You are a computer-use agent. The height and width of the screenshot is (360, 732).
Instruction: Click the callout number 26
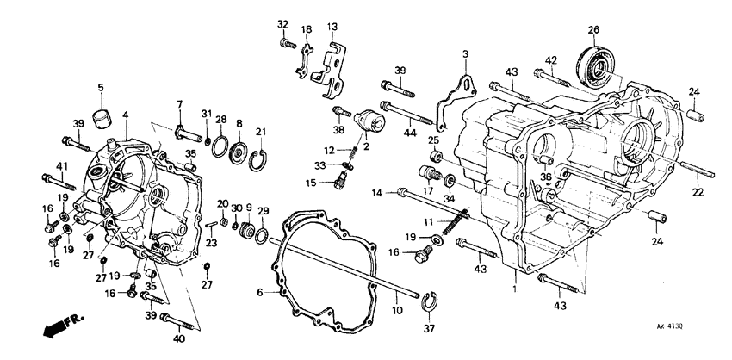pos(593,30)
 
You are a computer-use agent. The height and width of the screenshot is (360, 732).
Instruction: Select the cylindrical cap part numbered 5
pos(103,115)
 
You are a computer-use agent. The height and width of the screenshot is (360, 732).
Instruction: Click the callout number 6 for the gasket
pos(259,293)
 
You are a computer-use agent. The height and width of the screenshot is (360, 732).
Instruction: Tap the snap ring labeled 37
pos(427,300)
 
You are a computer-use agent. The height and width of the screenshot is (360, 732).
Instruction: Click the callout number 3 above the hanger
pos(465,53)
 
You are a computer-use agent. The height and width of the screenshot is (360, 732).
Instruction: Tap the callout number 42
pos(550,59)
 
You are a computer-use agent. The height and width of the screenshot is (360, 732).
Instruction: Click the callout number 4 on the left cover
pos(125,115)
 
